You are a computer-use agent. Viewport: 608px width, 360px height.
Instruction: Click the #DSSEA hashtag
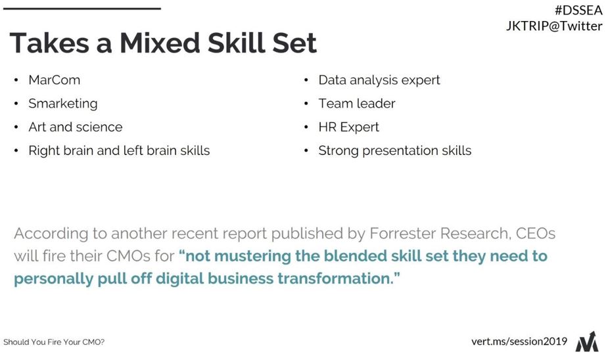coord(578,10)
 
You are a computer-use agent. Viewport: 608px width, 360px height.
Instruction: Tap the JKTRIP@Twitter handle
coord(554,26)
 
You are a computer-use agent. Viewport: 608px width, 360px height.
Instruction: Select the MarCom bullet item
coord(55,80)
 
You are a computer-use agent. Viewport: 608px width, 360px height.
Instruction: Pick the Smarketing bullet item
coord(63,104)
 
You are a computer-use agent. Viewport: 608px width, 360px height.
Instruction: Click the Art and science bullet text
coord(76,127)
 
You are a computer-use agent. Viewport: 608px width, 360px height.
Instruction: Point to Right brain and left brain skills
coord(119,150)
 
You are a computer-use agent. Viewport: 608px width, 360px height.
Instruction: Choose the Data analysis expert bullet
coord(379,80)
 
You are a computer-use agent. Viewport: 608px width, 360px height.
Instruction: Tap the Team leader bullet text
coord(357,103)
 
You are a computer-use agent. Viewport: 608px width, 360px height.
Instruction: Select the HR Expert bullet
coord(348,127)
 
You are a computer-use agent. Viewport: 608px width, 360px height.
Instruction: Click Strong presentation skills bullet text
coord(395,150)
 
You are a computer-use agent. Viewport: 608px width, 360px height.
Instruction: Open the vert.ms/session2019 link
coord(519,342)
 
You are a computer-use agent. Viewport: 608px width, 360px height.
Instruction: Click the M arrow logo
coord(587,341)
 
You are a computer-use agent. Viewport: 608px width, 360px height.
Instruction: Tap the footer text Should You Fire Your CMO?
coord(54,342)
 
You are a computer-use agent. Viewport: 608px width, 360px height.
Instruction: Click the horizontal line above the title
coord(82,9)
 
